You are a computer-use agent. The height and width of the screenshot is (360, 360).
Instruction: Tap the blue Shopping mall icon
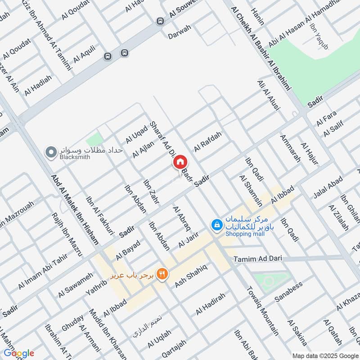click(x=217, y=224)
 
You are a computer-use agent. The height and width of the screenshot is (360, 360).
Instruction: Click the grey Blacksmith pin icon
click(x=51, y=153)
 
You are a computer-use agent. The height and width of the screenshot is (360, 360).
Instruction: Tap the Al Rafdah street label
click(x=208, y=142)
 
